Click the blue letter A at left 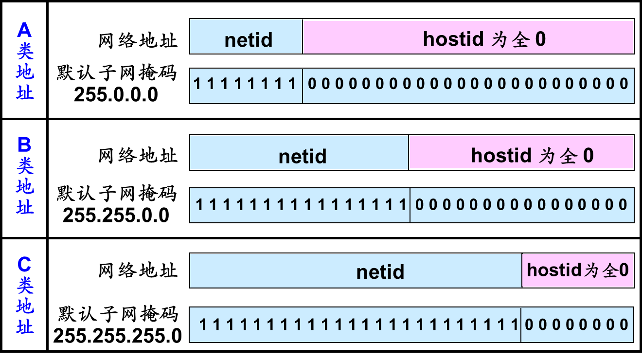(24, 30)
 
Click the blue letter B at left (24, 145)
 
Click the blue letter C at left (24, 265)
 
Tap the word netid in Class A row (249, 40)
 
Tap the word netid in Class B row (303, 156)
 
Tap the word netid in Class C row (380, 271)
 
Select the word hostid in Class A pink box (453, 39)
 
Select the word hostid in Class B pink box (501, 155)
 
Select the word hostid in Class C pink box (554, 270)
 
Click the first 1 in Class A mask (197, 84)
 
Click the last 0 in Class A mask (624, 84)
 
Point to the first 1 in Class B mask (199, 205)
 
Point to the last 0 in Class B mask (623, 205)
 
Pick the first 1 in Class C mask (203, 324)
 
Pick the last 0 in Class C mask (624, 324)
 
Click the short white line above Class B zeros (584, 186)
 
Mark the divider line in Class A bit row (303, 86)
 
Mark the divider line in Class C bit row (521, 324)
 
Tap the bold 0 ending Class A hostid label (540, 39)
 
